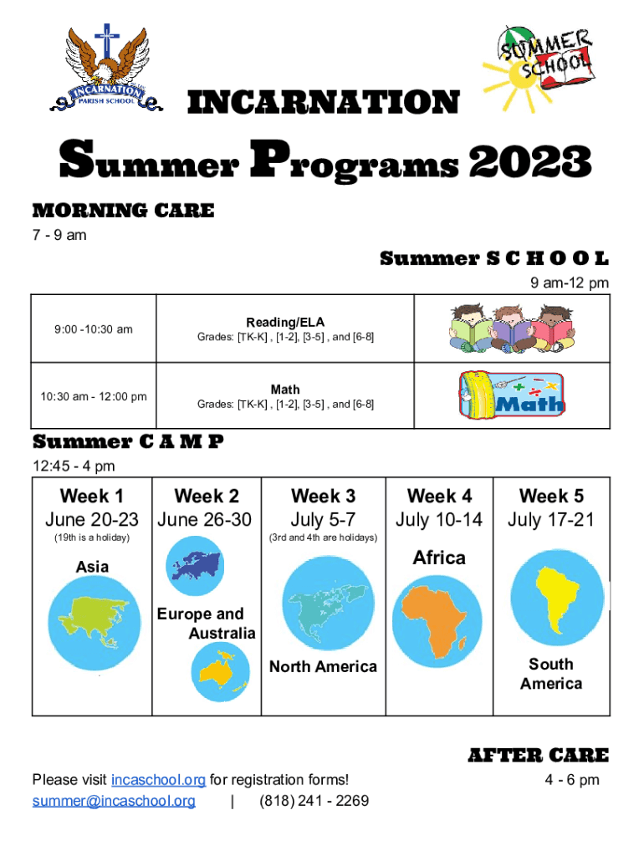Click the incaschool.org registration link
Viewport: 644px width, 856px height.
click(158, 780)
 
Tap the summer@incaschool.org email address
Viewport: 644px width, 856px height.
click(114, 801)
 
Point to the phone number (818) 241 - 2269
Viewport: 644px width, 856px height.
click(314, 801)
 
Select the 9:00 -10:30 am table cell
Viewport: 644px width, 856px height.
click(94, 329)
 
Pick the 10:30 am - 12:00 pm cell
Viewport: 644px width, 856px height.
click(94, 395)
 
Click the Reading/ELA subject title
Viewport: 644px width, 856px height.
click(285, 322)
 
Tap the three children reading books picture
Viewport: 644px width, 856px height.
click(512, 328)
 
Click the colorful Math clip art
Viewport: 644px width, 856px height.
click(512, 395)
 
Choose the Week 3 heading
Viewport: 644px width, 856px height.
click(324, 496)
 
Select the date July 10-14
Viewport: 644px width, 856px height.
click(439, 519)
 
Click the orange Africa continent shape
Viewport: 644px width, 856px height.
click(435, 620)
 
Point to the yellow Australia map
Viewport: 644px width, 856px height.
click(220, 670)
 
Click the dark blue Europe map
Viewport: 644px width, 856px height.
click(196, 565)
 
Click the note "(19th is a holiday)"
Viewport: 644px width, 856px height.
click(92, 538)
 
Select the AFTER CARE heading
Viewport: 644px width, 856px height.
click(539, 755)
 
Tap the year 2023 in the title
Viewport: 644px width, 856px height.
click(530, 161)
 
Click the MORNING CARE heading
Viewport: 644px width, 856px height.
click(124, 210)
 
